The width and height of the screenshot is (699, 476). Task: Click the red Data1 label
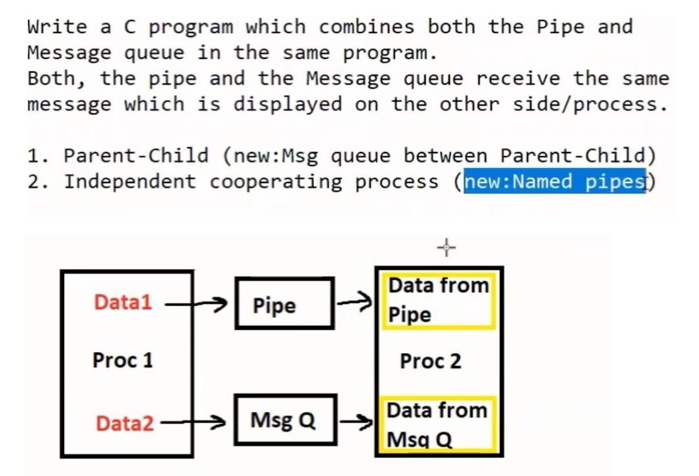point(123,302)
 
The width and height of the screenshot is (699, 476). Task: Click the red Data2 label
point(125,424)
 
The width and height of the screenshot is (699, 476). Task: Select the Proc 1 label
point(123,360)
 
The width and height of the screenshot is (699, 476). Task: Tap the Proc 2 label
point(430,362)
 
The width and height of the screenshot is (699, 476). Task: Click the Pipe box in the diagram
point(285,304)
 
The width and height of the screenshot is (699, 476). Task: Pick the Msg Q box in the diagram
point(285,420)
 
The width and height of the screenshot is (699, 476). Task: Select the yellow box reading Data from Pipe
point(438,300)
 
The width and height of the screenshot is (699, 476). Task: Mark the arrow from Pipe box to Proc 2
point(355,299)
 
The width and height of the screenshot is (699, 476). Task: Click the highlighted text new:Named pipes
point(555,182)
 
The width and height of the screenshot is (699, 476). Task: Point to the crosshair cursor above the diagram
point(446,246)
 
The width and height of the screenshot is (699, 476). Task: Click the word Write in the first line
point(57,27)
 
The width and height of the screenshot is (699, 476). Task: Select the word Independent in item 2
point(129,182)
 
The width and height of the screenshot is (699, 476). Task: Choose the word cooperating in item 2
point(276,182)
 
